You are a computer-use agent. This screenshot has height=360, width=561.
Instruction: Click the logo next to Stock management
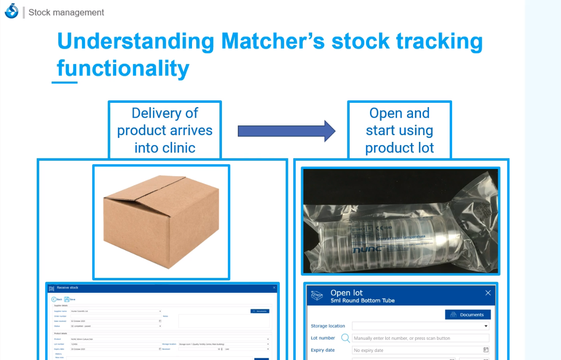pyautogui.click(x=11, y=11)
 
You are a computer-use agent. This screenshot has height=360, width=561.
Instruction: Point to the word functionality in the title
pyautogui.click(x=123, y=68)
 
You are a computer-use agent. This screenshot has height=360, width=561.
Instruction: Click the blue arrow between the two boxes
pyautogui.click(x=287, y=130)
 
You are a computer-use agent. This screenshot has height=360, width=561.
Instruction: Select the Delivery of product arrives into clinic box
pyautogui.click(x=165, y=130)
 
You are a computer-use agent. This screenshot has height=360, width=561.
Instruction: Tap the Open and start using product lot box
pyautogui.click(x=399, y=130)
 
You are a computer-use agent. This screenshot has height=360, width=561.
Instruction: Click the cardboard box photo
pyautogui.click(x=161, y=222)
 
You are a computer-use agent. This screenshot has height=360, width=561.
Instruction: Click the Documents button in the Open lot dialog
pyautogui.click(x=467, y=315)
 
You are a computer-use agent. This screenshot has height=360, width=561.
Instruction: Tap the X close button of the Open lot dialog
pyautogui.click(x=488, y=293)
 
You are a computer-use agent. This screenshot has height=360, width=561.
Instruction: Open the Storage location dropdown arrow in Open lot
pyautogui.click(x=486, y=326)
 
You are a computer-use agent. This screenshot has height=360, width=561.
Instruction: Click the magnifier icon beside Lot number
pyautogui.click(x=345, y=338)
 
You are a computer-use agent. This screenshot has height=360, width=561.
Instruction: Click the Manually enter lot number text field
pyautogui.click(x=420, y=338)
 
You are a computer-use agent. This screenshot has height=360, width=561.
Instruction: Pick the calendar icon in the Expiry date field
pyautogui.click(x=486, y=350)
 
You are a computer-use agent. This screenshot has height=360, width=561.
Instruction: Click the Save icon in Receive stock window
pyautogui.click(x=67, y=299)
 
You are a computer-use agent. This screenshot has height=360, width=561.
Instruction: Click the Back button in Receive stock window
pyautogui.click(x=54, y=299)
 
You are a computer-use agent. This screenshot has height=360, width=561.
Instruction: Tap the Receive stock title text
pyautogui.click(x=67, y=288)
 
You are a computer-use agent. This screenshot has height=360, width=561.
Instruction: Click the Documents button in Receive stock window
pyautogui.click(x=260, y=311)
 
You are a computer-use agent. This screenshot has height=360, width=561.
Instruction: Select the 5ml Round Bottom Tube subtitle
pyautogui.click(x=362, y=301)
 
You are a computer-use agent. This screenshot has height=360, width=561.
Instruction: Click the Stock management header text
pyautogui.click(x=66, y=13)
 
